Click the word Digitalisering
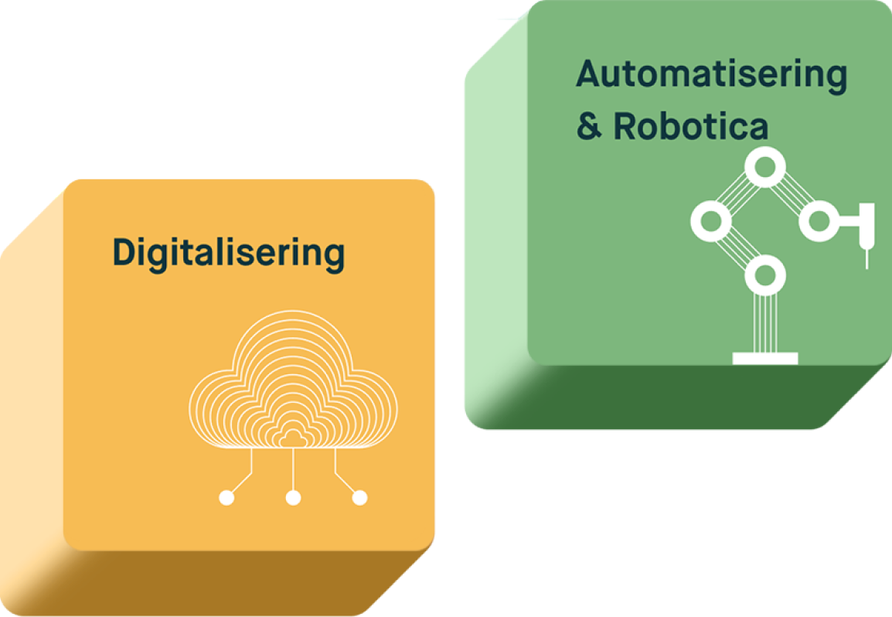tap(229, 254)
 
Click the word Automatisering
tap(712, 76)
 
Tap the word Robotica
tap(690, 126)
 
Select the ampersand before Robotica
tap(589, 126)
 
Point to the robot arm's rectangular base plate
tap(765, 359)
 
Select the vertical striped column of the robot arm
tap(765, 323)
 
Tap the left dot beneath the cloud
tap(226, 498)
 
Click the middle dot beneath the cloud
tap(293, 498)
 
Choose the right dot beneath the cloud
tap(359, 498)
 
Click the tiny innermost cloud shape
tap(293, 439)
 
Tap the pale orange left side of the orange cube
tap(31, 398)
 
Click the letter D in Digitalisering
tap(124, 251)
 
